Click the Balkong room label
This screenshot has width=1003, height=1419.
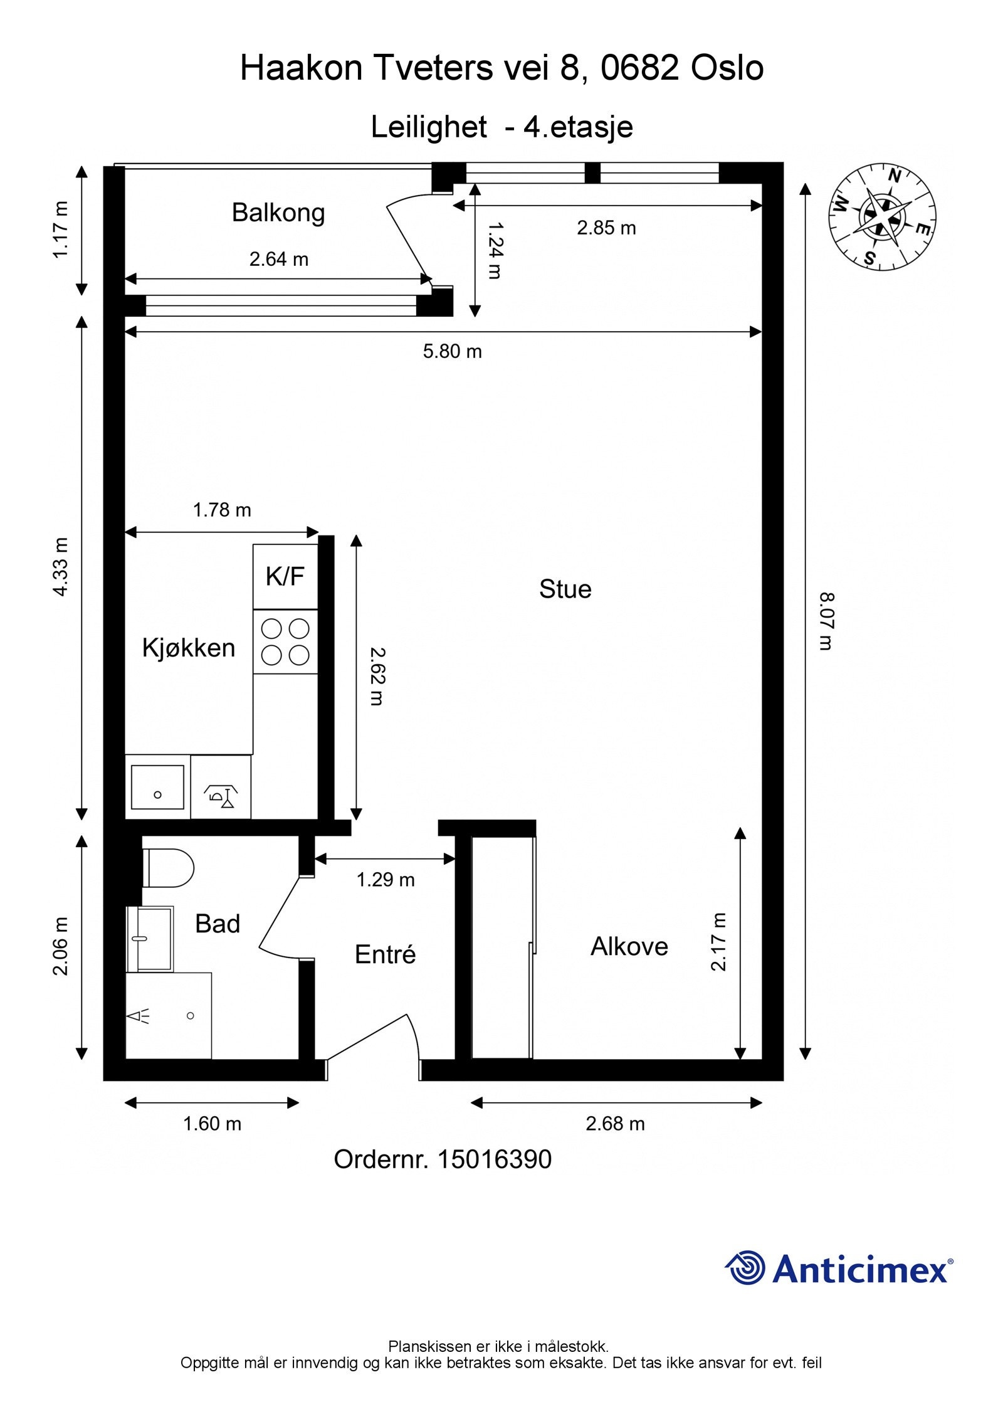click(278, 213)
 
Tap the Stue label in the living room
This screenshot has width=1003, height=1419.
click(565, 589)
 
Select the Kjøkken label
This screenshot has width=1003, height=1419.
click(189, 648)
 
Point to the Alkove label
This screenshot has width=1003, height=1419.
click(629, 946)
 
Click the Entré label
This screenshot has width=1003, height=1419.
click(385, 954)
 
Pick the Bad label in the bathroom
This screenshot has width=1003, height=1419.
click(218, 924)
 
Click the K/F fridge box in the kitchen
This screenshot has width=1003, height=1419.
click(285, 576)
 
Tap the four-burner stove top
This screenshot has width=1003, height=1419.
click(285, 641)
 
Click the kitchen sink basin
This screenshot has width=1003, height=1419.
click(158, 787)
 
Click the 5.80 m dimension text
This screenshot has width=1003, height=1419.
click(452, 351)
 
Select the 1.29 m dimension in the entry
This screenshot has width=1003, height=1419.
click(386, 880)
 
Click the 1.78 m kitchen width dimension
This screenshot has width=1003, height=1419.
click(222, 510)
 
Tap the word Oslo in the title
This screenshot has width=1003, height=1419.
click(727, 68)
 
